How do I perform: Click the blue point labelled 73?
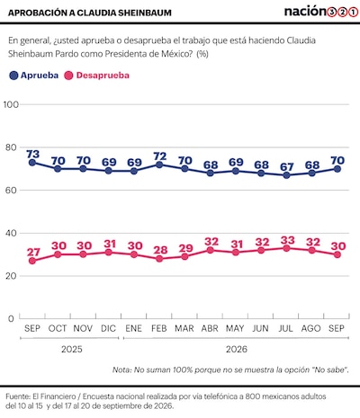coord(32,163)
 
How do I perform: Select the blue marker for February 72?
coord(159,165)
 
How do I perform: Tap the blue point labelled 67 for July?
coord(286,175)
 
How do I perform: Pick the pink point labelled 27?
coord(32,261)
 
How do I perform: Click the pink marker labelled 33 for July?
coord(286,248)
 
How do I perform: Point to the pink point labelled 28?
coord(159,259)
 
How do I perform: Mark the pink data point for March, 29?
coord(184,256)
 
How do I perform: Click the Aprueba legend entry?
coord(34,76)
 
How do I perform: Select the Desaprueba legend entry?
coord(97,76)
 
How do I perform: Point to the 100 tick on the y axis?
coord(11,104)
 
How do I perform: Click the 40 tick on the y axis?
coord(12,233)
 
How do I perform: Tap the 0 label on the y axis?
coord(11,319)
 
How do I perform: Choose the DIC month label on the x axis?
coord(108,328)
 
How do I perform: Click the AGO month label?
coord(311,328)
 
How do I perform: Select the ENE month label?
coord(133,328)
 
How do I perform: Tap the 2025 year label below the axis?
coord(72,349)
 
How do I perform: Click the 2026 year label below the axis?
coord(237,349)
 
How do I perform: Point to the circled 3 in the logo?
coord(331,13)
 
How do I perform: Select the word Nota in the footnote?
coord(121,369)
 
